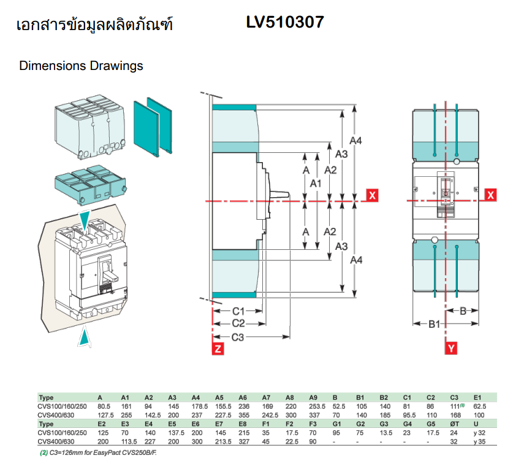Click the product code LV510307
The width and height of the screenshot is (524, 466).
coord(285,23)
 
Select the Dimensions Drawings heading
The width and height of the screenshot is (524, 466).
coord(82,66)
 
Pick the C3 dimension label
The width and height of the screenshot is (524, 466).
coord(238,336)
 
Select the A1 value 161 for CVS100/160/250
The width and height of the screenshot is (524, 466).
coord(126,406)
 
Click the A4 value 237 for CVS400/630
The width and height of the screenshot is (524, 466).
coord(196,414)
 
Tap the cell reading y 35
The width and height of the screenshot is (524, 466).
coord(480,441)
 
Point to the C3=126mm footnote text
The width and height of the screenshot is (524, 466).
coord(101,453)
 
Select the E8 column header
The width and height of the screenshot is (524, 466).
coord(242,424)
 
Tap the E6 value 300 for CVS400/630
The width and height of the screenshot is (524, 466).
coord(196,441)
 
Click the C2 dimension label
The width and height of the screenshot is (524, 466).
coord(238,324)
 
